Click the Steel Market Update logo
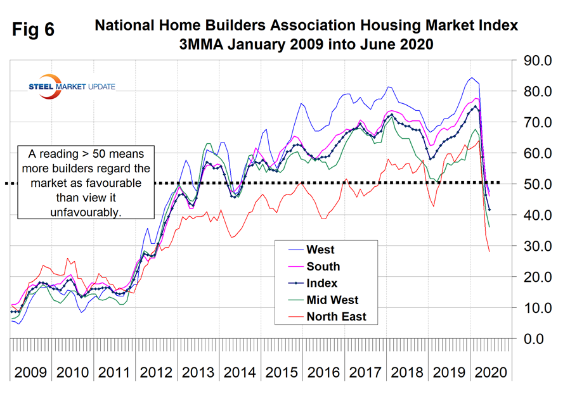pyautogui.click(x=72, y=87)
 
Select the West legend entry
pyautogui.click(x=320, y=250)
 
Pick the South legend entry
pyautogui.click(x=323, y=267)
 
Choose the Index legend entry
pyautogui.click(x=322, y=283)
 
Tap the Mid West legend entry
pyautogui.click(x=332, y=300)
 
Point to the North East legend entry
pyautogui.click(x=336, y=316)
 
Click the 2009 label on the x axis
pyautogui.click(x=30, y=371)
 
